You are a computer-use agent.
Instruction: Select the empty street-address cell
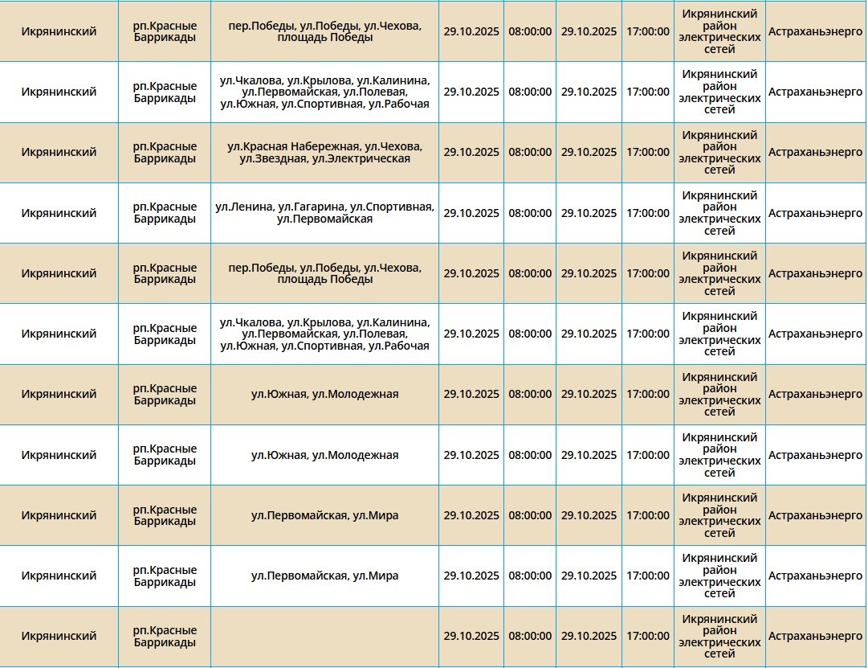pos(324,636)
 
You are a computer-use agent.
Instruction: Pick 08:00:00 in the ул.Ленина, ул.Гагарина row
pos(530,213)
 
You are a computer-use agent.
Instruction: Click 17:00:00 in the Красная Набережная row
pos(647,152)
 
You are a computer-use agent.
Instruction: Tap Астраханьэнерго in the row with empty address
pos(815,636)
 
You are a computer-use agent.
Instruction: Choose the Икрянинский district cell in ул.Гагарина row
pos(59,213)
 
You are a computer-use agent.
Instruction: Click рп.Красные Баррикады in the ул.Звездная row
pos(165,152)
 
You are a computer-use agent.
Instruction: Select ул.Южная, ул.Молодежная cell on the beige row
pos(324,394)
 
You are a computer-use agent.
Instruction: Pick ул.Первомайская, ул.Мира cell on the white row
pos(324,576)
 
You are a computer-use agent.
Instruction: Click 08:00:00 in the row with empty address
pos(530,636)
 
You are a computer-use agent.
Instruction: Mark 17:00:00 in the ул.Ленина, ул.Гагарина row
pos(647,213)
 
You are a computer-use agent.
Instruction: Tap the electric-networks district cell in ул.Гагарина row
pos(719,213)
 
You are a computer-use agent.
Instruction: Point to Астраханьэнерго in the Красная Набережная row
pos(815,152)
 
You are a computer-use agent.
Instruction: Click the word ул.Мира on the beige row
pos(376,515)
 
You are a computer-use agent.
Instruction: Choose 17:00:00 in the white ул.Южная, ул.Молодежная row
pos(647,455)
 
